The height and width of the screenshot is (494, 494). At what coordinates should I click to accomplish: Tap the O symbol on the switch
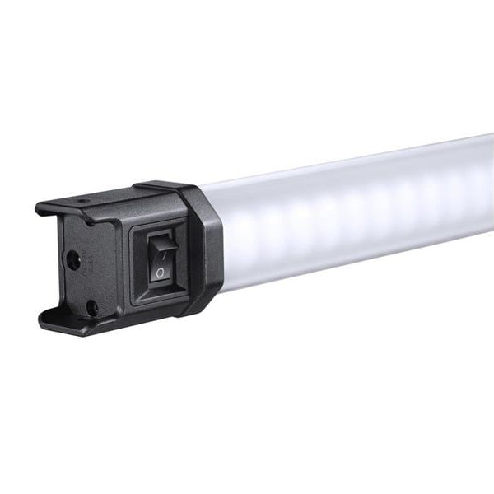(159, 271)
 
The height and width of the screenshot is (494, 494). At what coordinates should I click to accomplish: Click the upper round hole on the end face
(74, 260)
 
